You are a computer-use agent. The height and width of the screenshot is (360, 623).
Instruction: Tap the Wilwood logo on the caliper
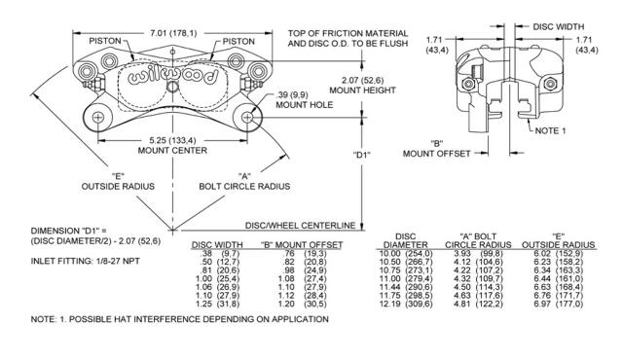[173, 76]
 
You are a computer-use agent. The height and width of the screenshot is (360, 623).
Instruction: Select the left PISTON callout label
[105, 41]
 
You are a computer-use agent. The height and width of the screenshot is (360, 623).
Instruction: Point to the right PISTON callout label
[238, 41]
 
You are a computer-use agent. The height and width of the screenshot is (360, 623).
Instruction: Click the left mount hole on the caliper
[97, 118]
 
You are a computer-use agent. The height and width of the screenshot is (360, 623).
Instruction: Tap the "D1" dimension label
[361, 156]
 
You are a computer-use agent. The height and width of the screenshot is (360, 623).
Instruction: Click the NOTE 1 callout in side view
[550, 130]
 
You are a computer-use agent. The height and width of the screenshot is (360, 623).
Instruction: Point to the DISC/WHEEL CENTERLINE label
[300, 226]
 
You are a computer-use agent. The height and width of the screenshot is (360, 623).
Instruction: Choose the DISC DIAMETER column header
[406, 240]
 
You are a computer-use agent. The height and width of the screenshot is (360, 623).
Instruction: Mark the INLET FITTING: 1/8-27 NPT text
[85, 261]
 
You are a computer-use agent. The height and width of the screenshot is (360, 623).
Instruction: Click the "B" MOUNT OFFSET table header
[302, 245]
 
